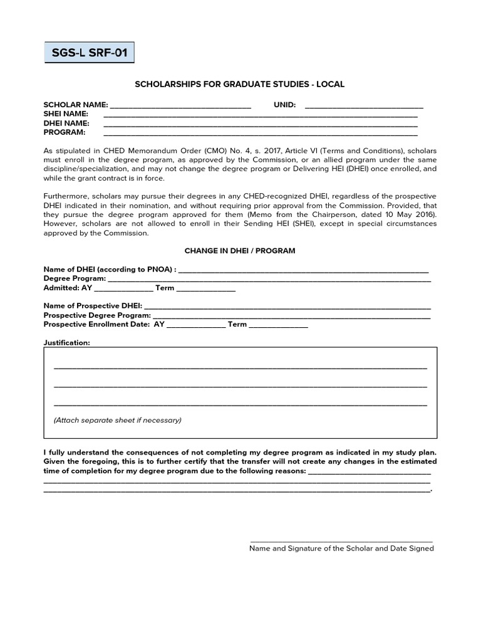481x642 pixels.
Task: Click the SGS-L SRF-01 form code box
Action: pyautogui.click(x=89, y=53)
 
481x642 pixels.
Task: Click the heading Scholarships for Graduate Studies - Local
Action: pyautogui.click(x=240, y=84)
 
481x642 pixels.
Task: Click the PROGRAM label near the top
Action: pyautogui.click(x=64, y=133)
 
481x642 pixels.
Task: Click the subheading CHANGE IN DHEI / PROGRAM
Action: pyautogui.click(x=240, y=251)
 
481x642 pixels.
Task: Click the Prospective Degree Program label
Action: pyautogui.click(x=97, y=315)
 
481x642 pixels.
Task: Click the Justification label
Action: pyautogui.click(x=66, y=343)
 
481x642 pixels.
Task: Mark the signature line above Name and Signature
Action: pyautogui.click(x=341, y=540)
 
